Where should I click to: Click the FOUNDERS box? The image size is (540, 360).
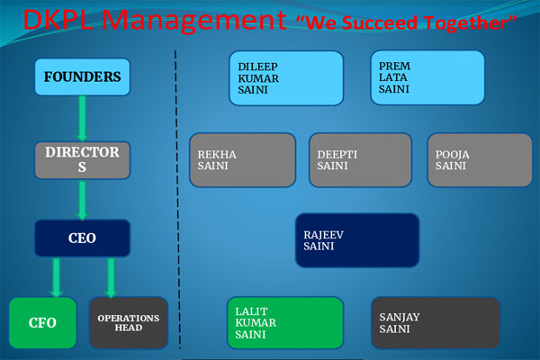click(x=82, y=76)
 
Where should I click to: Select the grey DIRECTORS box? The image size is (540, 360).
click(x=82, y=160)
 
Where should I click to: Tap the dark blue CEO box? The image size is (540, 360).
click(x=82, y=238)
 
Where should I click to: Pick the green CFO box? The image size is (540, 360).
click(x=42, y=323)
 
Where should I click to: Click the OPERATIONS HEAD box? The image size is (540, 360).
click(x=129, y=323)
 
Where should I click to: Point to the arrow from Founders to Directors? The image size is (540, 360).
click(x=82, y=118)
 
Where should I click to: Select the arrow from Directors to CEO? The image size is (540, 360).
click(x=82, y=200)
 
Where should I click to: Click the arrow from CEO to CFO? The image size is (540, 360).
click(x=56, y=277)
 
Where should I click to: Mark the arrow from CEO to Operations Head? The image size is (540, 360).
click(x=111, y=277)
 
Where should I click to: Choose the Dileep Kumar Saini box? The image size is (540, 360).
click(x=286, y=78)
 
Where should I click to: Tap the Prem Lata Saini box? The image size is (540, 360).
click(x=427, y=77)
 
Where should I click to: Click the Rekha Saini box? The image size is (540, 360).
click(x=242, y=160)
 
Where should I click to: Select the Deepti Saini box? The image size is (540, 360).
click(x=360, y=160)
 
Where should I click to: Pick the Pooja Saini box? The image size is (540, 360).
click(x=480, y=160)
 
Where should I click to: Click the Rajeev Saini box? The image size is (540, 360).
click(x=357, y=240)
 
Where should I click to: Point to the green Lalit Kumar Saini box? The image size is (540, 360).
click(x=285, y=323)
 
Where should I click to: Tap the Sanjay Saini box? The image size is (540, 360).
click(x=436, y=323)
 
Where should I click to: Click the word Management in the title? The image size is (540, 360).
click(x=194, y=21)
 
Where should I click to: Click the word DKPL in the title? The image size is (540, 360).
click(x=58, y=19)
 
